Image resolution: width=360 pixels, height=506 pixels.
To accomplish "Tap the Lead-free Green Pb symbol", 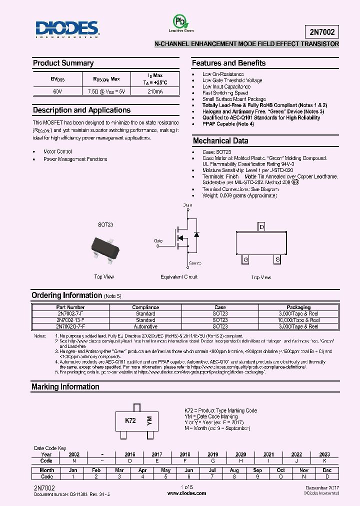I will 178,21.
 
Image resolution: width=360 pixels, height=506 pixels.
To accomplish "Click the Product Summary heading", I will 63,63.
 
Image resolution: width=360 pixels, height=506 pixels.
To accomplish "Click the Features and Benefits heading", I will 228,63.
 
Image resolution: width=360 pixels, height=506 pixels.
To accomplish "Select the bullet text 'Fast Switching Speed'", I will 225,93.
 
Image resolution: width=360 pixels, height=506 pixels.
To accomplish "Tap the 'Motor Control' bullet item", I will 57,151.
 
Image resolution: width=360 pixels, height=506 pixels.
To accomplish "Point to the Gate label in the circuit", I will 158,241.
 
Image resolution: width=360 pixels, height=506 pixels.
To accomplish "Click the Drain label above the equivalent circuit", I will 187,205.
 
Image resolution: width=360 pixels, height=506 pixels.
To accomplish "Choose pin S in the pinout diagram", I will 276,260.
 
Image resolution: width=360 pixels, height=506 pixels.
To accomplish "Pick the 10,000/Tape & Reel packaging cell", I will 298,320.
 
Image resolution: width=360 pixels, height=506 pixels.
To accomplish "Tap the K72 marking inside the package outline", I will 130,421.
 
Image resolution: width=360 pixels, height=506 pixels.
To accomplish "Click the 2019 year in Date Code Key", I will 213,454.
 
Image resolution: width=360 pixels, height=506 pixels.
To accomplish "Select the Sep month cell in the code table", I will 257,470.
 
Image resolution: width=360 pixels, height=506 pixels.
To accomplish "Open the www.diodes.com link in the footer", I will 186,493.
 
